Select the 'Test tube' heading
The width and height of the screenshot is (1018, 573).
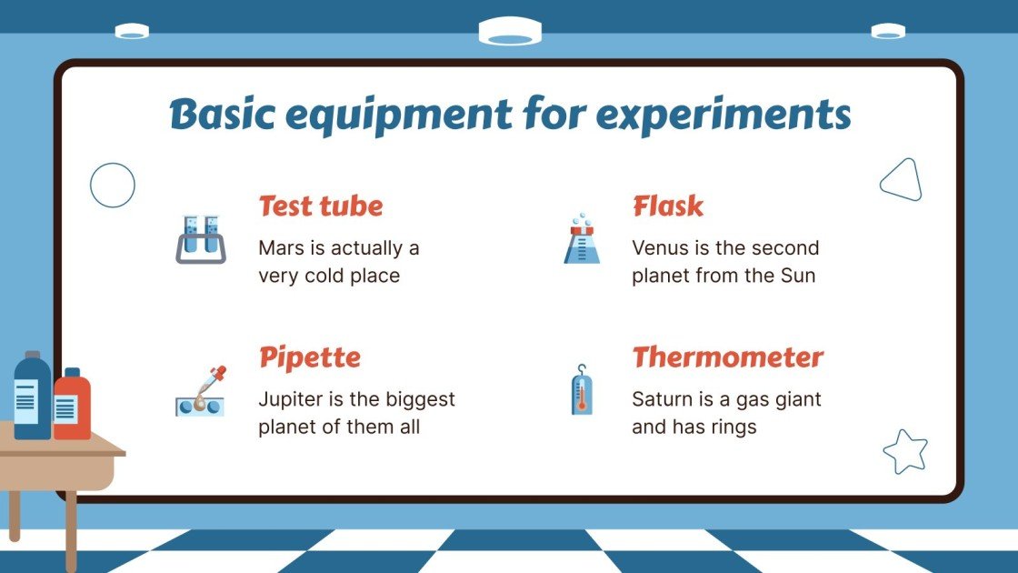[320, 206]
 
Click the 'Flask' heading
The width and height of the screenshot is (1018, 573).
[668, 206]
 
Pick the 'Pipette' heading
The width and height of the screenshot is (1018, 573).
[309, 357]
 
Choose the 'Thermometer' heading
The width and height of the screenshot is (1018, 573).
[727, 357]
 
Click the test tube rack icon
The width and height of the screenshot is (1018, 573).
[200, 239]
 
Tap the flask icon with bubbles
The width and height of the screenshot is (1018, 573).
[582, 240]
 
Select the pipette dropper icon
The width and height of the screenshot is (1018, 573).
[200, 391]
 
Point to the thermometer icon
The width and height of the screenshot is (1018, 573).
[582, 390]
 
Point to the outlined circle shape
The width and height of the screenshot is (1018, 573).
[113, 186]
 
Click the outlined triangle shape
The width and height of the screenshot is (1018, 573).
[901, 181]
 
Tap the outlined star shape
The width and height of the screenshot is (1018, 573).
[905, 451]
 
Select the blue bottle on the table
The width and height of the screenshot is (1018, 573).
[33, 396]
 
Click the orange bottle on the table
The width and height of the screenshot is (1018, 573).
[72, 405]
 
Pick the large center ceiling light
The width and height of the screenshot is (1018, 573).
[510, 32]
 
